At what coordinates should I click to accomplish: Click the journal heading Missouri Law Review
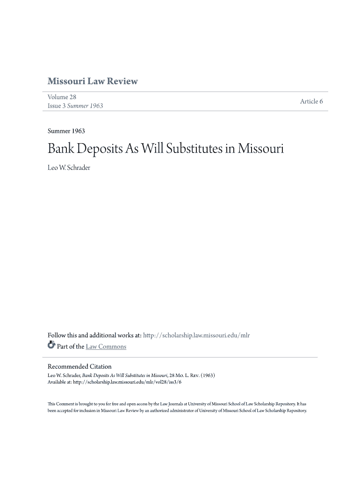click(x=93, y=81)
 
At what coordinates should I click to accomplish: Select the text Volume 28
click(x=62, y=97)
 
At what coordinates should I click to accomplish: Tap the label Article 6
click(x=311, y=102)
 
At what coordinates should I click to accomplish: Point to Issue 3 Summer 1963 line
click(x=75, y=106)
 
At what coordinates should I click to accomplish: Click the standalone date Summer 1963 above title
click(x=66, y=131)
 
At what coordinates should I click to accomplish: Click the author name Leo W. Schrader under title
click(x=69, y=168)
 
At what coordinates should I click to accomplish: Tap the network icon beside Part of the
click(x=51, y=346)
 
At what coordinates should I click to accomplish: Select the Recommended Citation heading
click(x=79, y=366)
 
